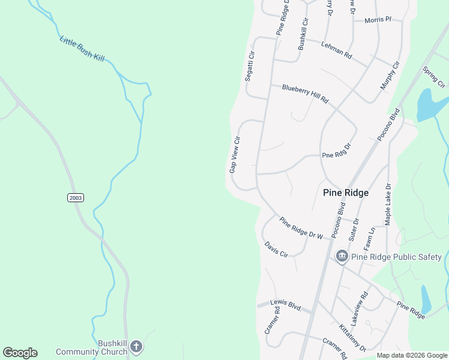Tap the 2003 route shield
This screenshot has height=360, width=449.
pyautogui.click(x=75, y=197)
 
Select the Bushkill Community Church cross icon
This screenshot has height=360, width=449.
pyautogui.click(x=136, y=346)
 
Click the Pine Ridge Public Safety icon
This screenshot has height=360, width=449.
pyautogui.click(x=342, y=257)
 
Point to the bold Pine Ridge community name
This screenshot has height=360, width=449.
pyautogui.click(x=346, y=193)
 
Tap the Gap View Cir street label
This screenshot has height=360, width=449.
pyautogui.click(x=235, y=155)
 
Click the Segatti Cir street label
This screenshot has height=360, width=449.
pyautogui.click(x=250, y=66)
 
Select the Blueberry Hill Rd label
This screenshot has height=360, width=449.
pyautogui.click(x=306, y=93)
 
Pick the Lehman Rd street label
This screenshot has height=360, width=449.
pyautogui.click(x=336, y=50)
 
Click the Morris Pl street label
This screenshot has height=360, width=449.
pyautogui.click(x=378, y=20)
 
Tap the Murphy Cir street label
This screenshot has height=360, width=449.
pyautogui.click(x=390, y=76)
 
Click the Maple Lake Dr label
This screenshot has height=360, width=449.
pyautogui.click(x=388, y=205)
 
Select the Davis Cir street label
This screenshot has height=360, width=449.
pyautogui.click(x=276, y=249)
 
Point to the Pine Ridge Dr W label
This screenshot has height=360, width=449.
pyautogui.click(x=301, y=228)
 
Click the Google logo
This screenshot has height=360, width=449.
pyautogui.click(x=20, y=352)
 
